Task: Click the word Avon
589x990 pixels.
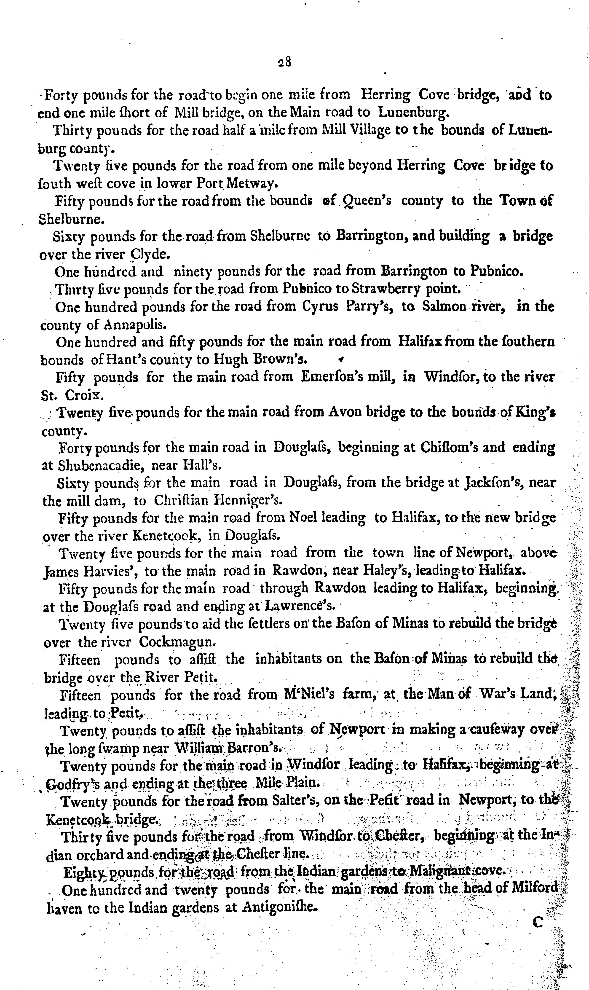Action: pos(344,412)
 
